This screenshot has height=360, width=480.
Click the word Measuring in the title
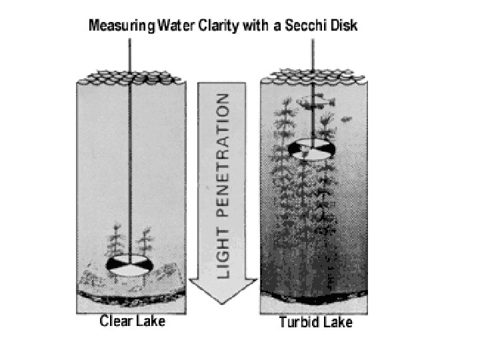click(x=119, y=26)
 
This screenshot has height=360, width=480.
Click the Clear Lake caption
click(x=132, y=321)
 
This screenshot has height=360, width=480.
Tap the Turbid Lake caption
click(x=315, y=323)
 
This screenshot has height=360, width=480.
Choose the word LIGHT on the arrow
click(x=225, y=256)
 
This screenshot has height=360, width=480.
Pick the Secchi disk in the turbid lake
click(x=311, y=148)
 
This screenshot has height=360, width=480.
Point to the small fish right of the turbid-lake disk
click(x=345, y=120)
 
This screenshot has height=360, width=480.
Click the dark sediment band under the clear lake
click(x=130, y=291)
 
